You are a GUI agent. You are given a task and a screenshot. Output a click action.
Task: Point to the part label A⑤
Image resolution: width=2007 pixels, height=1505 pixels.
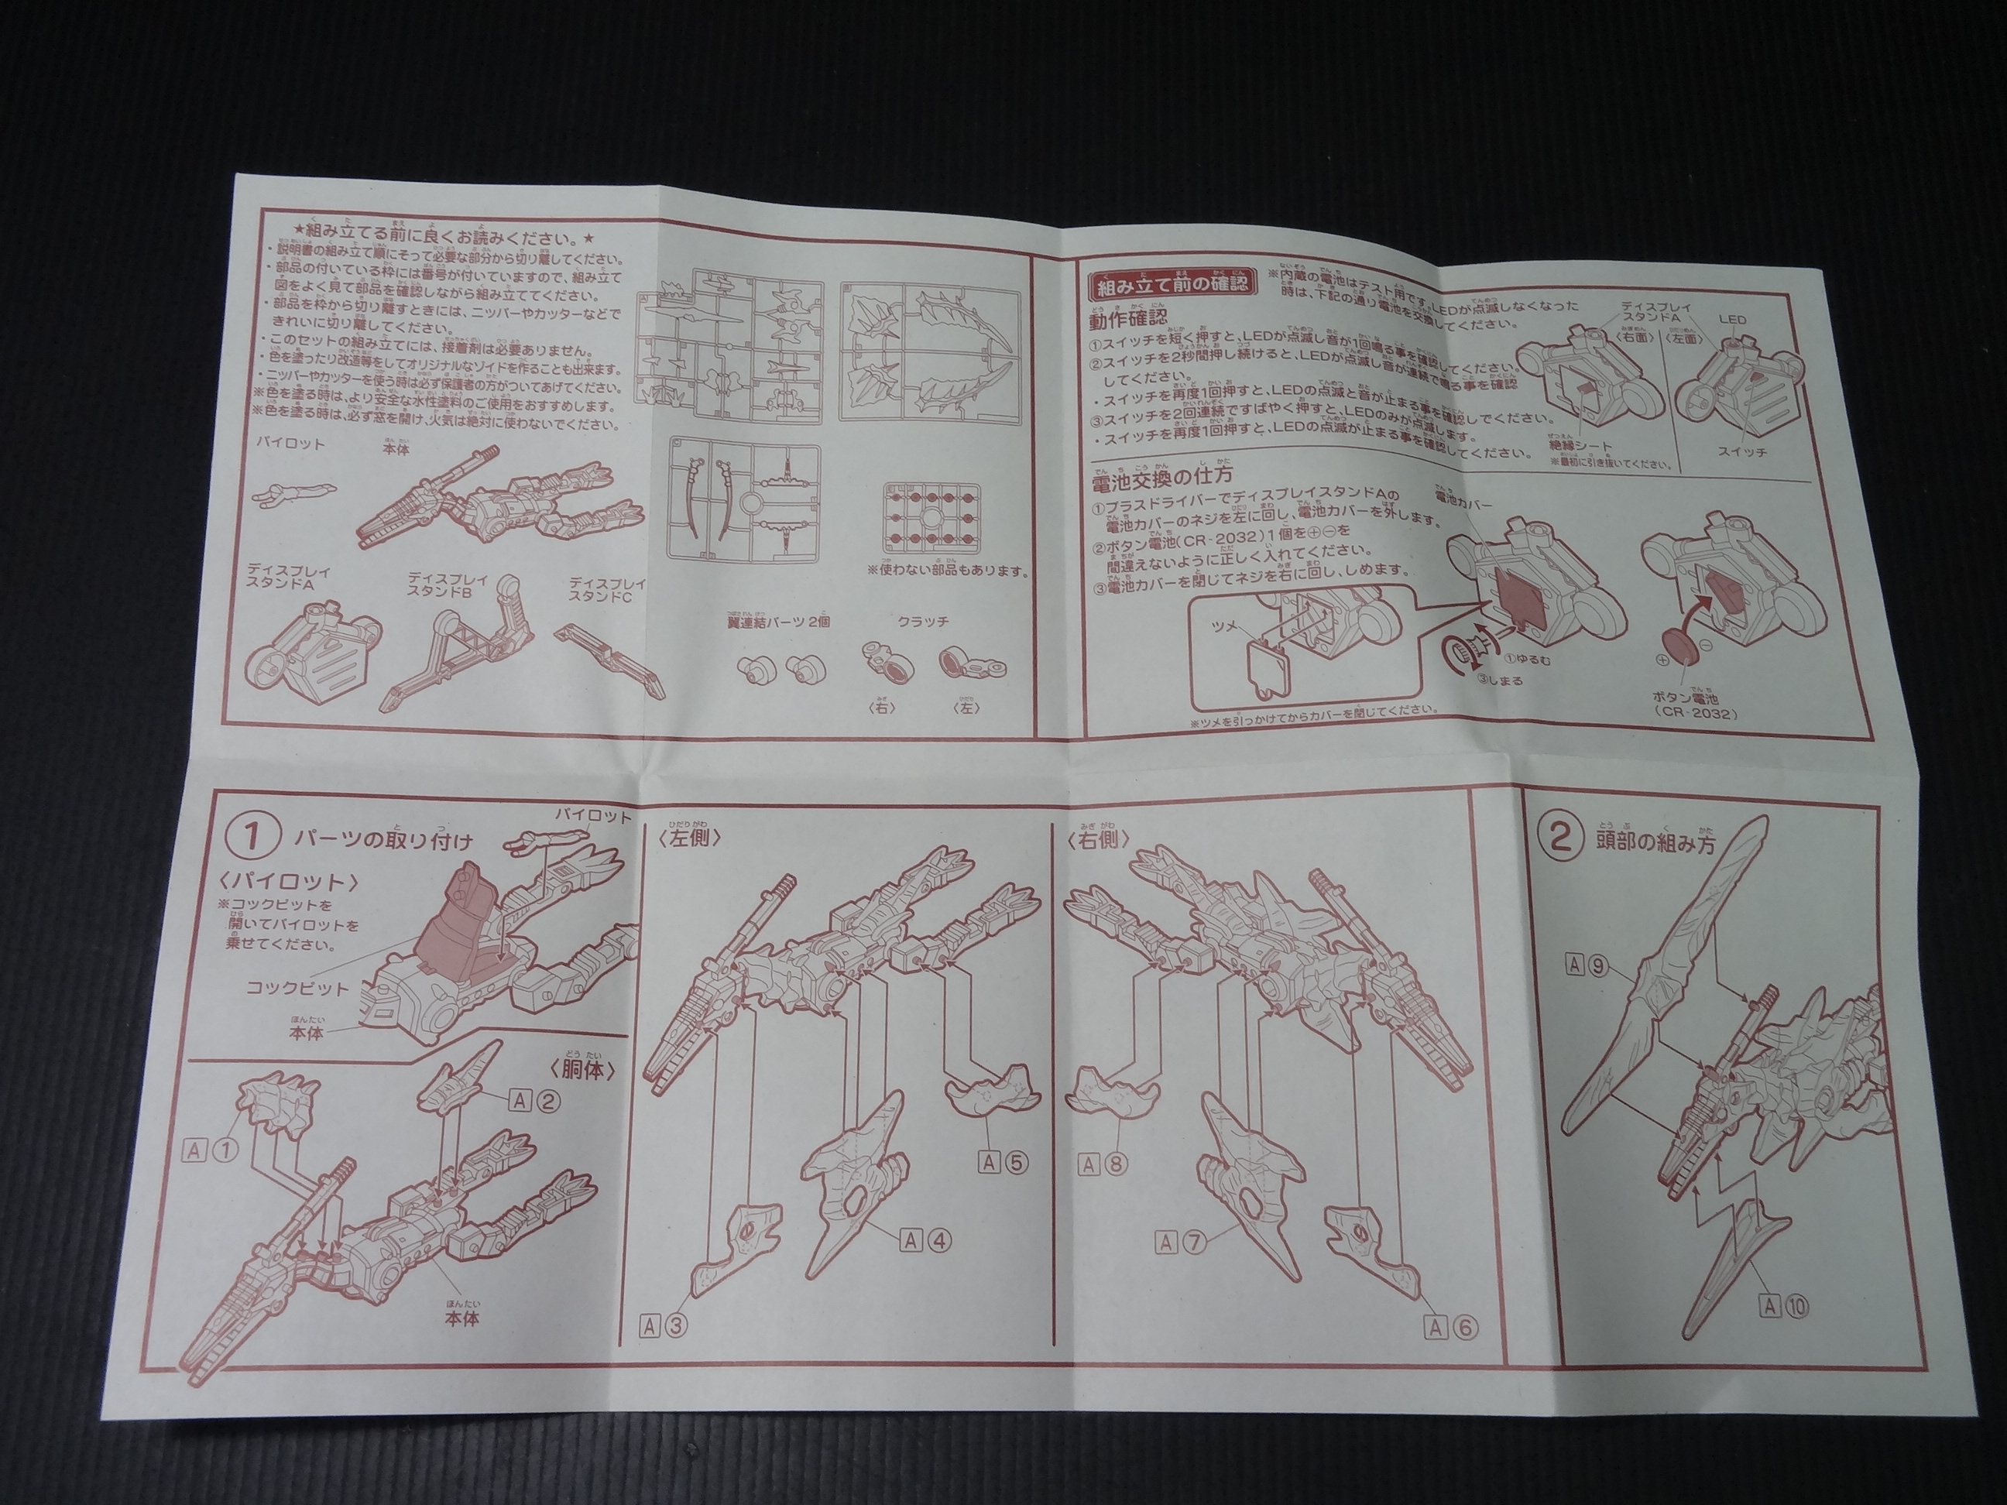pos(1002,1160)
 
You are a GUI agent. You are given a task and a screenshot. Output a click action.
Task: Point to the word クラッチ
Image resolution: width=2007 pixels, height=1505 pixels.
pos(923,622)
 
